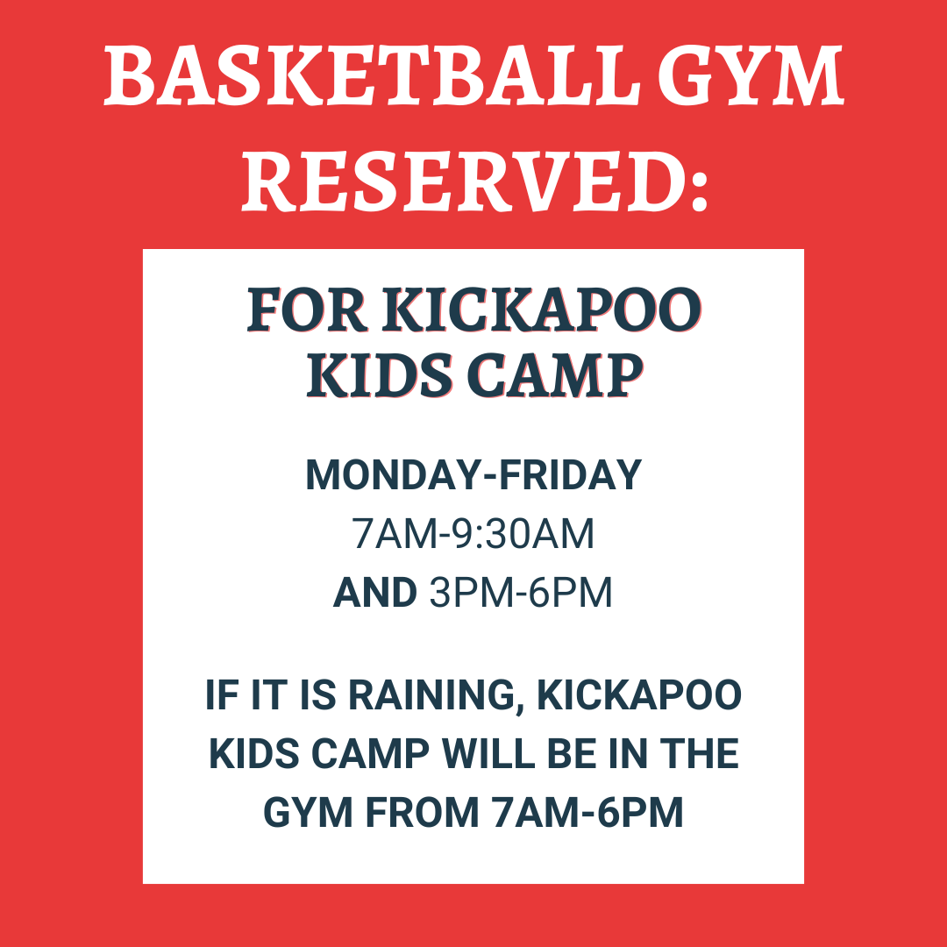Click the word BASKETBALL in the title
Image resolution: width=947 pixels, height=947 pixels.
(x=372, y=75)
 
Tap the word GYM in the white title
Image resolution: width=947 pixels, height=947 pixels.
(x=750, y=75)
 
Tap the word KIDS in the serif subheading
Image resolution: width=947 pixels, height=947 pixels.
(x=380, y=375)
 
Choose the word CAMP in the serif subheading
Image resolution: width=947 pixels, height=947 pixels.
(x=555, y=375)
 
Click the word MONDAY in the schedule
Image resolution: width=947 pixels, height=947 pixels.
(x=394, y=474)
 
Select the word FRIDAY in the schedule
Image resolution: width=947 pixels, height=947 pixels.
(x=570, y=474)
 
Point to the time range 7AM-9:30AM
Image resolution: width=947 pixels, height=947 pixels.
(x=473, y=533)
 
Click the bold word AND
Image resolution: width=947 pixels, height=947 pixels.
(x=374, y=592)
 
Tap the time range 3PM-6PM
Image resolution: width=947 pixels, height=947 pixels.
(x=521, y=592)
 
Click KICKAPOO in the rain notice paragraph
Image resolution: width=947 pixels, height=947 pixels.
(x=639, y=695)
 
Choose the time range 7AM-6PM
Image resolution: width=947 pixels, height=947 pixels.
(x=587, y=812)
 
